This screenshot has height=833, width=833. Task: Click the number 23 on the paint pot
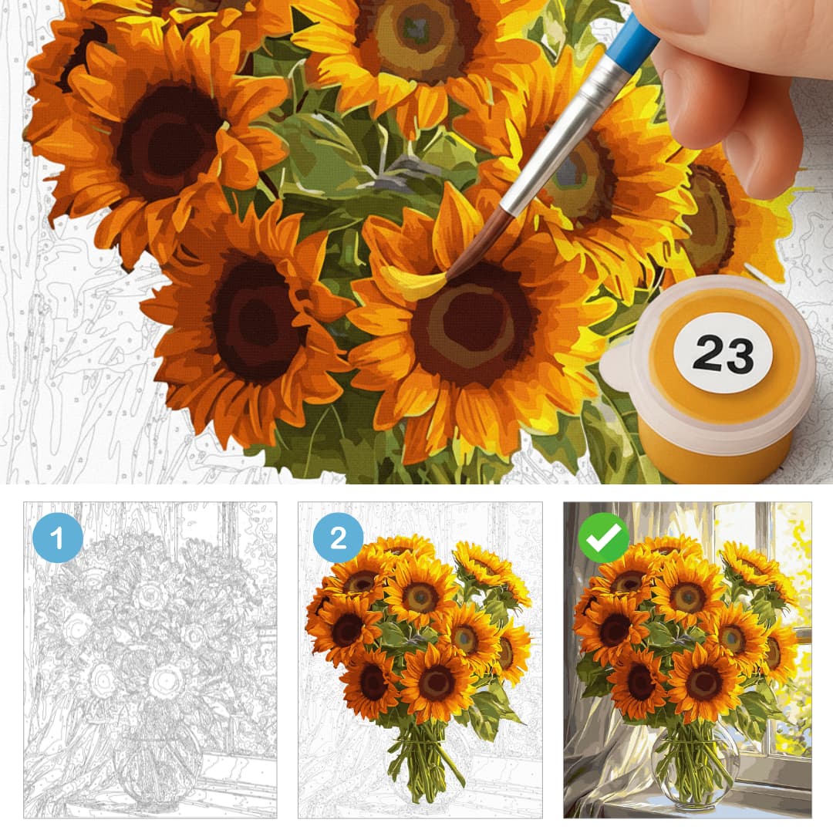[723, 353]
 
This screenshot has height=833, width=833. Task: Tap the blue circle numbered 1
[57, 538]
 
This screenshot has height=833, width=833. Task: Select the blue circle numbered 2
[338, 538]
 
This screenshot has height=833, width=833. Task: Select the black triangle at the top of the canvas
[304, 22]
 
